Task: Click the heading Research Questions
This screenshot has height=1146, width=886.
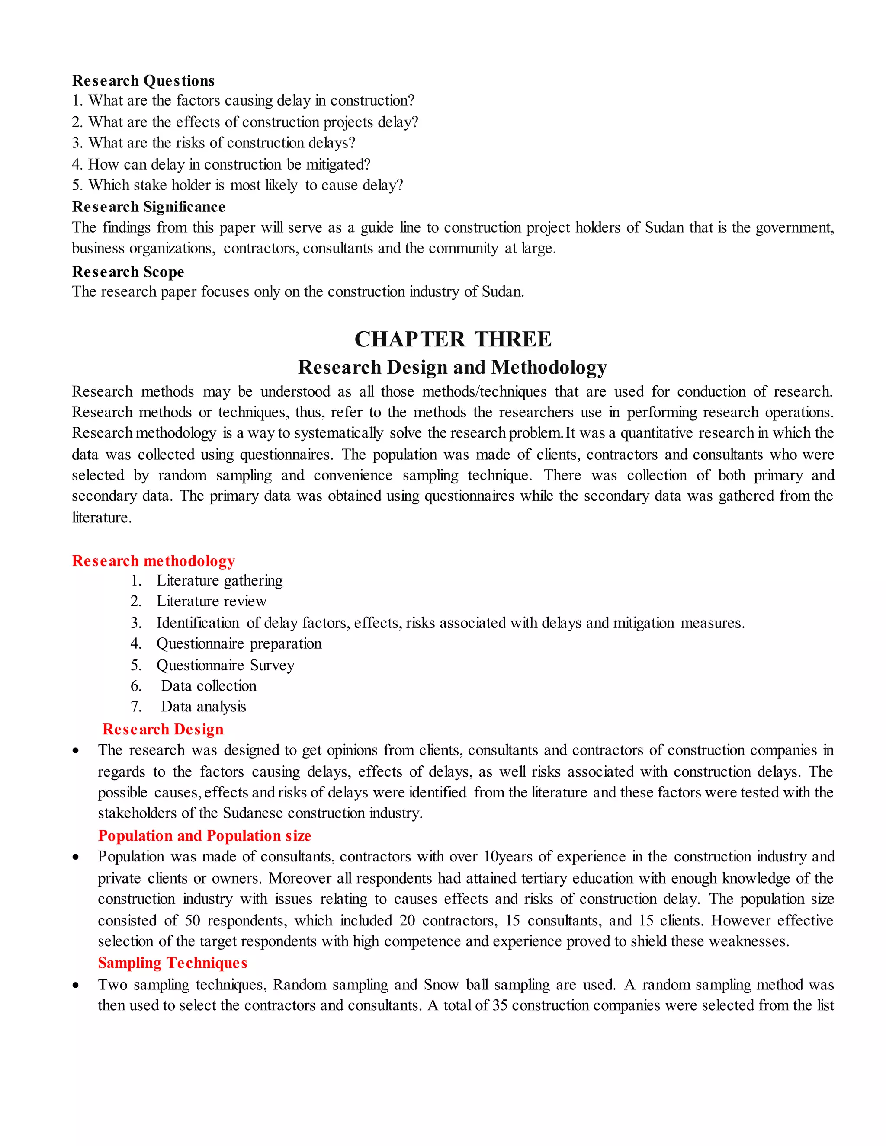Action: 143,80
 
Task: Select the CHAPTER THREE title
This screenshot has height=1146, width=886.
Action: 453,339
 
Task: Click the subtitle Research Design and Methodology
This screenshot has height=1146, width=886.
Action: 453,367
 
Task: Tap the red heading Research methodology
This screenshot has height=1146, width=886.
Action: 153,560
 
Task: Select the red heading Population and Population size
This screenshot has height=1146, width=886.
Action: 204,835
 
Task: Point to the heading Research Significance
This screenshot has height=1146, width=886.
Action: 148,206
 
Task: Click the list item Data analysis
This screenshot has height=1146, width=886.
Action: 203,706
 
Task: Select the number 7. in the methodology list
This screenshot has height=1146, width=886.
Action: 136,706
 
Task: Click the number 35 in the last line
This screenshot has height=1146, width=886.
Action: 500,1005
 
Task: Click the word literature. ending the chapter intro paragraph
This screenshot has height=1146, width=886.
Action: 101,517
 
